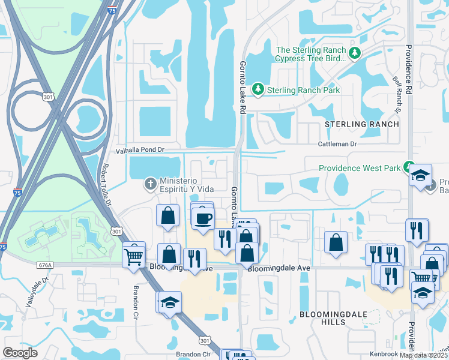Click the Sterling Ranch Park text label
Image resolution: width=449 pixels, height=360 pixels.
[x=303, y=90]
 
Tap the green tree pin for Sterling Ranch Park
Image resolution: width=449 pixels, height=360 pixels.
[x=258, y=89]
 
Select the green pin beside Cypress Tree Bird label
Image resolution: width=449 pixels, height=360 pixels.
[x=355, y=53]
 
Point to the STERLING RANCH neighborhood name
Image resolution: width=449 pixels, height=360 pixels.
[x=361, y=124]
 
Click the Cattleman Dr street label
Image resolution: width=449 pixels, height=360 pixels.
[x=337, y=144]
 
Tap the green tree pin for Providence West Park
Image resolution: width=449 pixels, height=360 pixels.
[x=409, y=166]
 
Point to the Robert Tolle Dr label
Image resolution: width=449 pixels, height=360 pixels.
[x=106, y=185]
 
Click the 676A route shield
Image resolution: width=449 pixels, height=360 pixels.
[x=43, y=264]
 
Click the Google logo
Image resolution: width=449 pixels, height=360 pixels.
[x=20, y=353]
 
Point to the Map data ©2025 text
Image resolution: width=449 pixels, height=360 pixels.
[x=423, y=355]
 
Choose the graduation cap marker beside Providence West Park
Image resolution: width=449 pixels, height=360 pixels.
[x=421, y=176]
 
